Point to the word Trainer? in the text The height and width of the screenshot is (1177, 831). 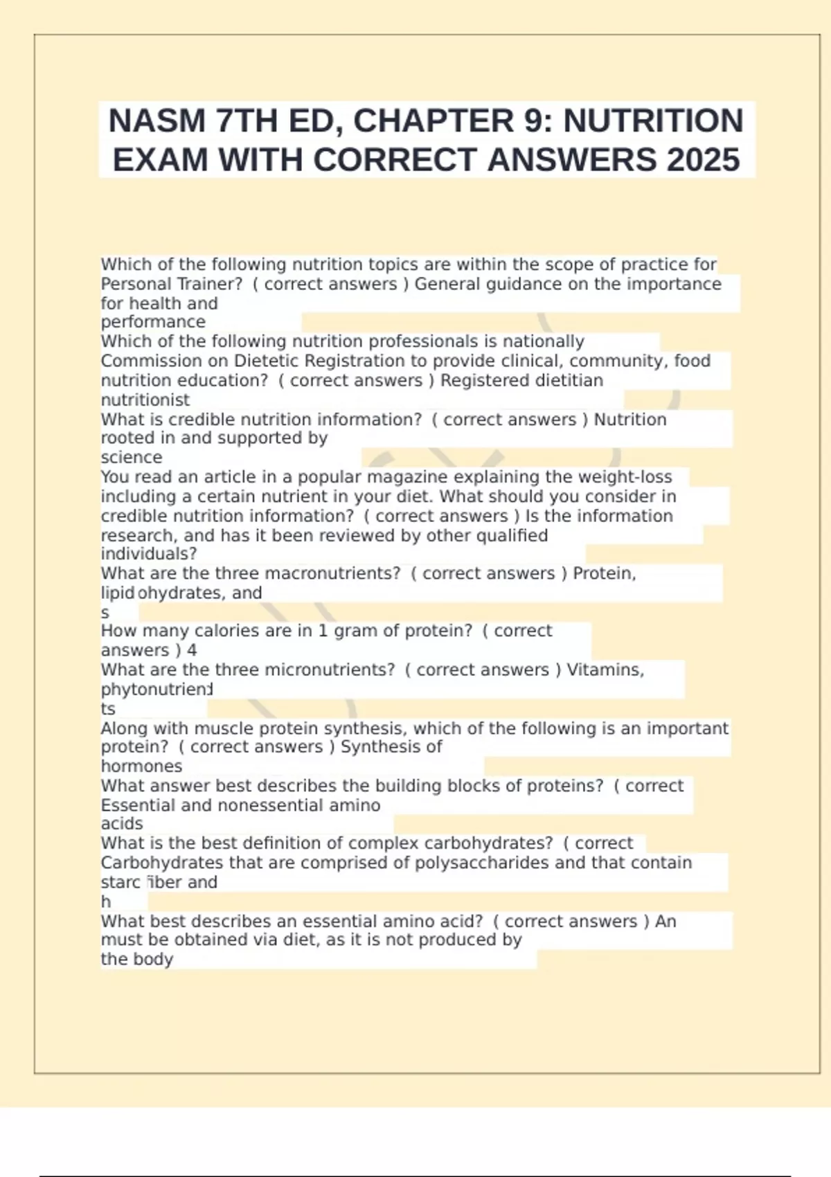[210, 284]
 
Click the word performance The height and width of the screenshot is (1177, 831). [153, 322]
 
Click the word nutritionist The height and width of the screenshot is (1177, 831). [145, 400]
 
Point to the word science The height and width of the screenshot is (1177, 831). [132, 458]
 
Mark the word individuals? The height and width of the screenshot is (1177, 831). [149, 554]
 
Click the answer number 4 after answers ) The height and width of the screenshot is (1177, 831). [192, 650]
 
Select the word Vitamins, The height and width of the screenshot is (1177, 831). [605, 670]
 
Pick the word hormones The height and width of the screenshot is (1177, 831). [141, 766]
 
